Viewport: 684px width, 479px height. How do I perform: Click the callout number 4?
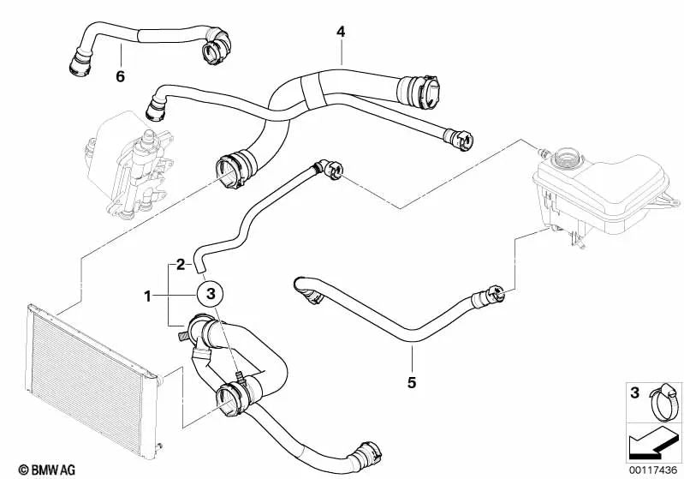click(341, 32)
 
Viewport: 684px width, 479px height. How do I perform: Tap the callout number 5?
click(411, 382)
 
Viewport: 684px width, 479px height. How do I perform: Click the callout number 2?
click(181, 265)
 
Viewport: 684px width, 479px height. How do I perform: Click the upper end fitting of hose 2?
click(330, 170)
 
